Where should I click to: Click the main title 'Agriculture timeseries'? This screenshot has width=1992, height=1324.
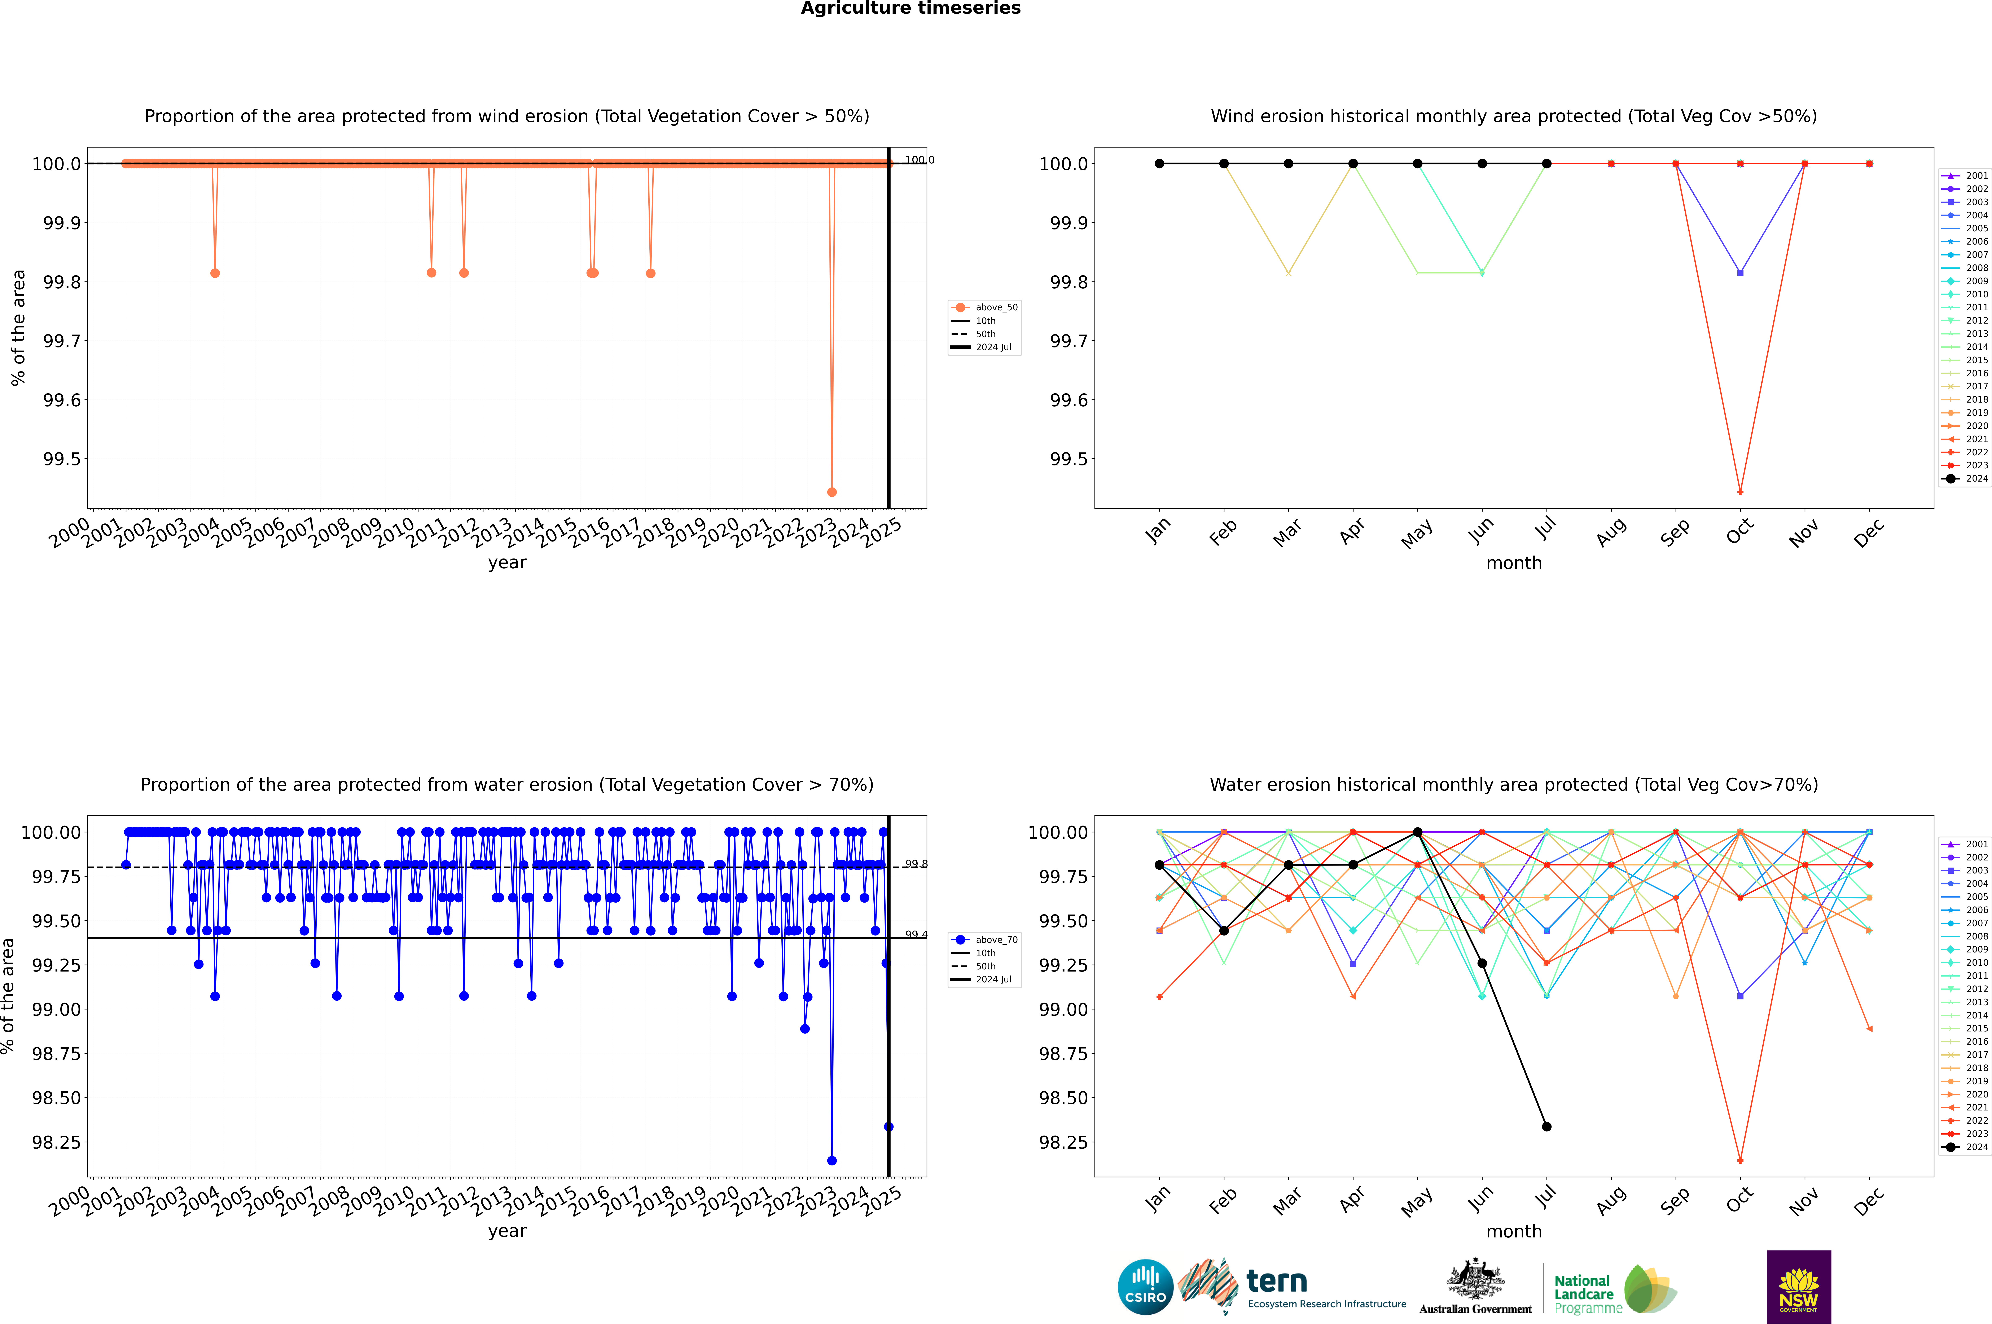click(x=910, y=8)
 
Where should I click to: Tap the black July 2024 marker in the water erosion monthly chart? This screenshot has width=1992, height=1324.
click(x=1546, y=1126)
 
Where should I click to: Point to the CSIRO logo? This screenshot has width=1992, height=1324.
click(x=1145, y=1287)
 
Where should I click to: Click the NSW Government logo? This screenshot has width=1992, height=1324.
click(x=1799, y=1287)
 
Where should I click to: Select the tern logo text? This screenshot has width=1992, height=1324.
click(x=1277, y=1282)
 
